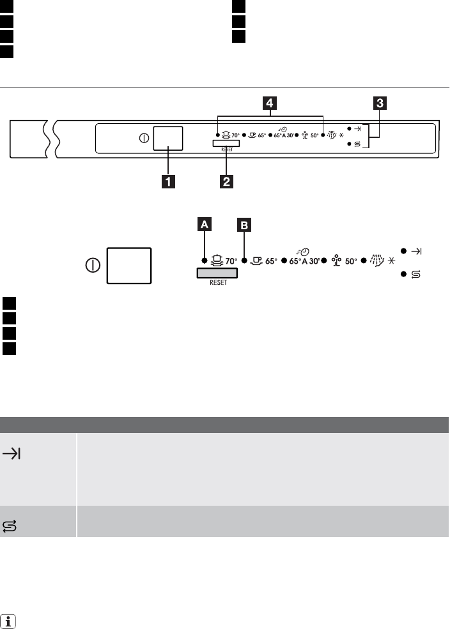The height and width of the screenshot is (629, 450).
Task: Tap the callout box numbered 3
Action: [x=380, y=102]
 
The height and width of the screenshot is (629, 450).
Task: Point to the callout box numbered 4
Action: [x=272, y=102]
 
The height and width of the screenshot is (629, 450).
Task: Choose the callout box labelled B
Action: [x=244, y=225]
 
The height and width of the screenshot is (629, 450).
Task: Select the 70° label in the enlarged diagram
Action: [x=231, y=261]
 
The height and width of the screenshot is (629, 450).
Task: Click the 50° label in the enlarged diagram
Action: [x=351, y=261]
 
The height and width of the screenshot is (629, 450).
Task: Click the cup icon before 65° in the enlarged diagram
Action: [x=257, y=261]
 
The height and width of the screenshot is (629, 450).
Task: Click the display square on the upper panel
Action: [x=168, y=137]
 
